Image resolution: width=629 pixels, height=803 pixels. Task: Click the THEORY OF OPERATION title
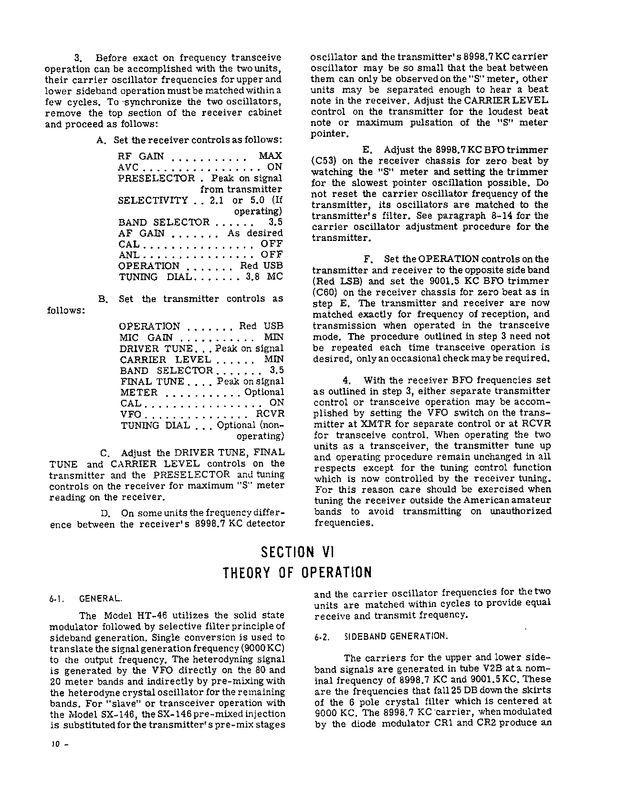(297, 573)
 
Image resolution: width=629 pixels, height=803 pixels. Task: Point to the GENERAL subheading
(100, 598)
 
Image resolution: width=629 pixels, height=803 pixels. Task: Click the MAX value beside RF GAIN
(270, 156)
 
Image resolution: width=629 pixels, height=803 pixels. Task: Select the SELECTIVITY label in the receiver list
(153, 200)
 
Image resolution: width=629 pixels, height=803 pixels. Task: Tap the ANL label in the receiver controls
(129, 255)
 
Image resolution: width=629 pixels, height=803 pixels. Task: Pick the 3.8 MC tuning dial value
(264, 277)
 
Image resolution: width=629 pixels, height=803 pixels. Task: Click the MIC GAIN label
(147, 337)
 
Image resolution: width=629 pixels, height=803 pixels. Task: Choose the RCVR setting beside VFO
(270, 414)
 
